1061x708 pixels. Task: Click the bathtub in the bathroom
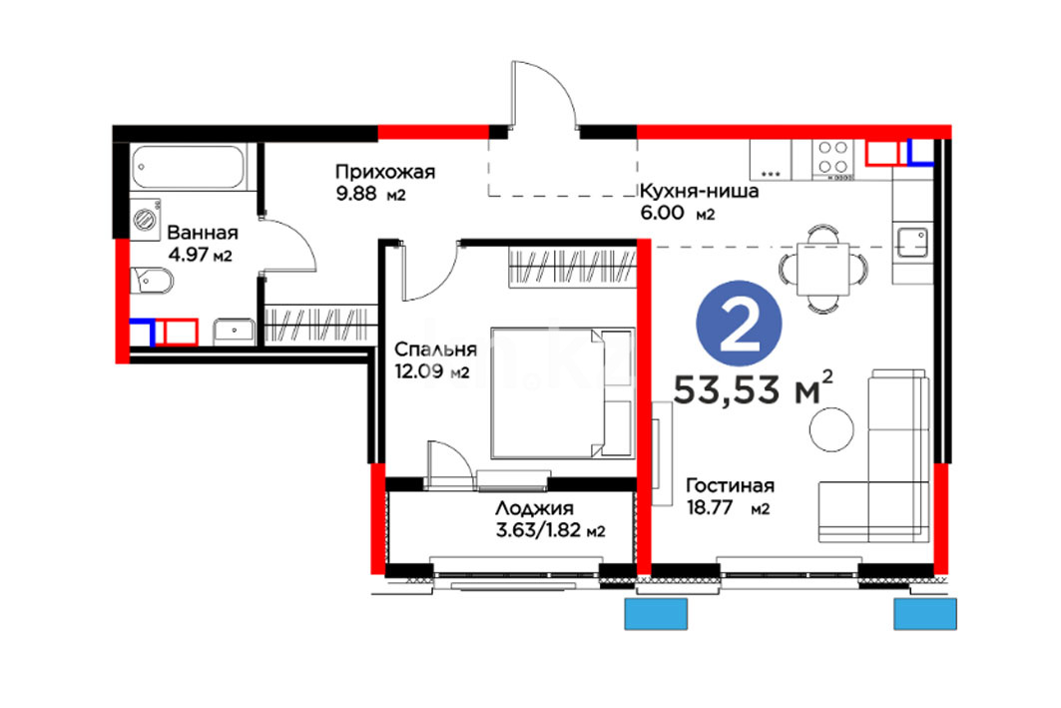[188, 167]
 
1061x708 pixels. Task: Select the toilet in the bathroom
[152, 281]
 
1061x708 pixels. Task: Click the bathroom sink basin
[235, 332]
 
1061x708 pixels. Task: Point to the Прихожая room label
[385, 172]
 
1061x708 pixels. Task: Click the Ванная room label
[203, 233]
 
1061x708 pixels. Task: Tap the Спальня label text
[435, 350]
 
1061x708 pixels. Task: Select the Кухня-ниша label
[699, 192]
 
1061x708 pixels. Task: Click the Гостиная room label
[730, 486]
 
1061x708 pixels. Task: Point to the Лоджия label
[535, 509]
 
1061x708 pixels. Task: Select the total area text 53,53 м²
[753, 388]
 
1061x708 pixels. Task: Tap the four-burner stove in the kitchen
[832, 160]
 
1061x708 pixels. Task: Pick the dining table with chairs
[822, 269]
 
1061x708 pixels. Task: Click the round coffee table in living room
[831, 429]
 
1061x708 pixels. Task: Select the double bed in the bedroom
[562, 393]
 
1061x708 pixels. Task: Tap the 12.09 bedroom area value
[419, 371]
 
